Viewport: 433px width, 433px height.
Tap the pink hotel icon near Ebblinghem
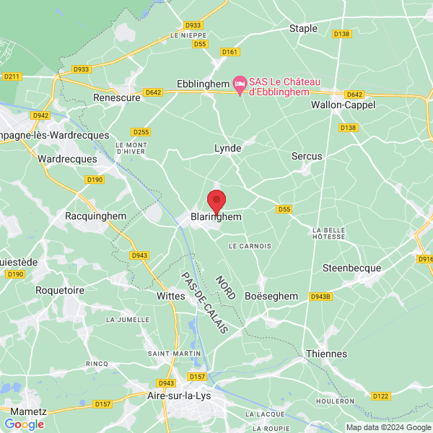click(241, 84)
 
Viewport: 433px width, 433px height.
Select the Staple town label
click(303, 28)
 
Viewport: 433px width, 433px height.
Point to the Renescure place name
click(117, 97)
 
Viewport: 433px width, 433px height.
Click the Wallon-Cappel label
click(343, 105)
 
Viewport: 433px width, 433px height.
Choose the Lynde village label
click(227, 148)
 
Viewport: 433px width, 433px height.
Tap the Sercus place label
click(307, 156)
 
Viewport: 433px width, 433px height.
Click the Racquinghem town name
click(95, 216)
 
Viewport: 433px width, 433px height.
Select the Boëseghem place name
click(271, 296)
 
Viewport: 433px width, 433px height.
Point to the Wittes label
click(171, 296)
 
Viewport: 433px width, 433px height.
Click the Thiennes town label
click(326, 354)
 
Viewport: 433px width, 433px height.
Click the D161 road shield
click(230, 52)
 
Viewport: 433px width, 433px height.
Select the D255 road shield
click(141, 132)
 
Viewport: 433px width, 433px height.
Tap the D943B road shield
click(320, 296)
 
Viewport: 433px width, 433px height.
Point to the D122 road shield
click(381, 395)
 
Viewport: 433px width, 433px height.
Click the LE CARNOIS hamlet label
click(250, 246)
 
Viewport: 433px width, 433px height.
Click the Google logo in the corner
click(25, 424)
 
